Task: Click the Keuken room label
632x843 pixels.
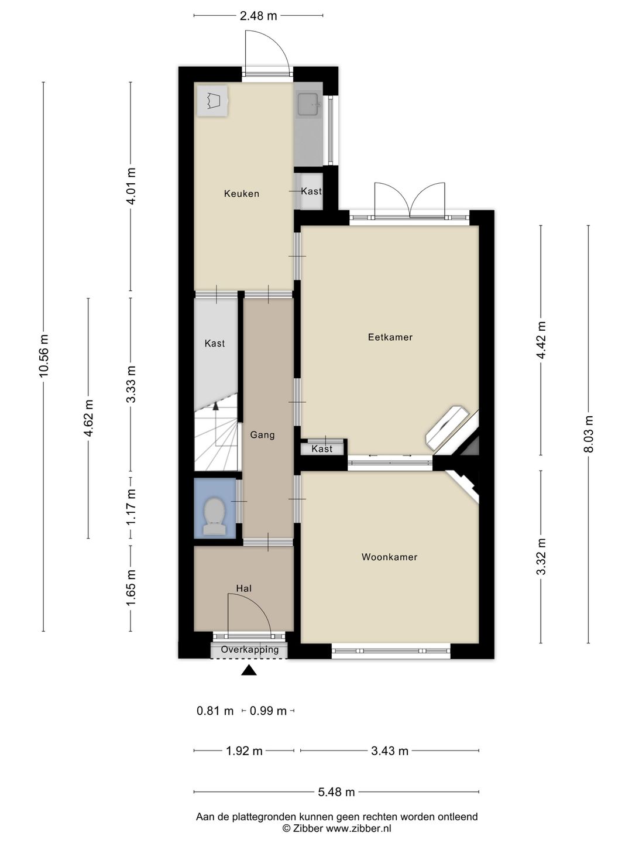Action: (241, 194)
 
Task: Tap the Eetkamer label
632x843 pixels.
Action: (390, 337)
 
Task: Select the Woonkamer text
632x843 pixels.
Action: (389, 557)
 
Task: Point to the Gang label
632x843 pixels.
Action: (262, 435)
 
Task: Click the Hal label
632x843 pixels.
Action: (244, 588)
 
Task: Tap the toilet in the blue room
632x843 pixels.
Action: (214, 516)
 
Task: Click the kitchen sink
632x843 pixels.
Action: (308, 104)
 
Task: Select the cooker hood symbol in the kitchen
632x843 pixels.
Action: (212, 101)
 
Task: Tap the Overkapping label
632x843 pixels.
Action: (250, 649)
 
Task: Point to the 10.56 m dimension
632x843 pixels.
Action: (44, 356)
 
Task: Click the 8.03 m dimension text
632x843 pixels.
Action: (589, 434)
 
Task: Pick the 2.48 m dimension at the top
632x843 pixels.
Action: (258, 16)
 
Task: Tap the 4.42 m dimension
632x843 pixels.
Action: (541, 340)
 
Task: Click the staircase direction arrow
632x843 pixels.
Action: (216, 406)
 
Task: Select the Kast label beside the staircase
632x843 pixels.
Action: (215, 343)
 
